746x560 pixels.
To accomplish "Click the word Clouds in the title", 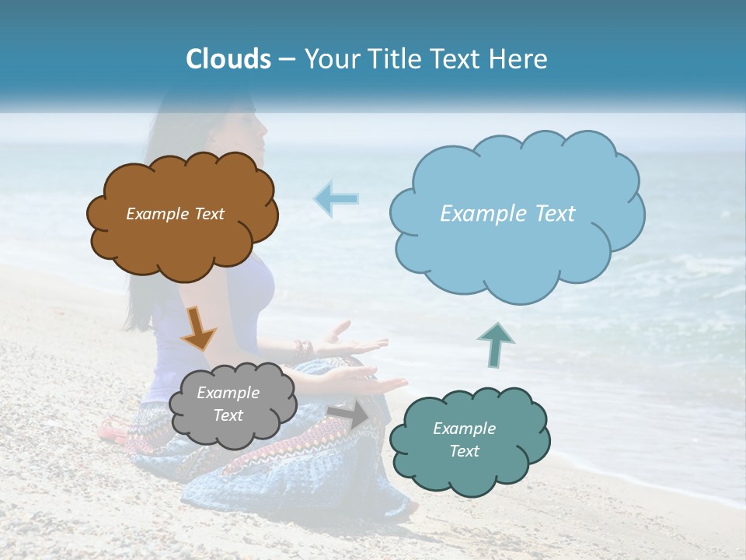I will tap(228, 59).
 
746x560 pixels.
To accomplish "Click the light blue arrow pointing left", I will tap(336, 198).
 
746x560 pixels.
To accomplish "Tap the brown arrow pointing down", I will tap(197, 328).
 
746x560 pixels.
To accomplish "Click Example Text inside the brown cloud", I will tap(175, 214).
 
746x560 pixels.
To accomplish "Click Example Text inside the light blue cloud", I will tap(507, 214).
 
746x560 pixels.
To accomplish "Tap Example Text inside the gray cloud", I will tap(228, 404).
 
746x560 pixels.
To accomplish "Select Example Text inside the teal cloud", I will tap(464, 439).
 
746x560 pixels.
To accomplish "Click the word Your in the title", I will tap(329, 59).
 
